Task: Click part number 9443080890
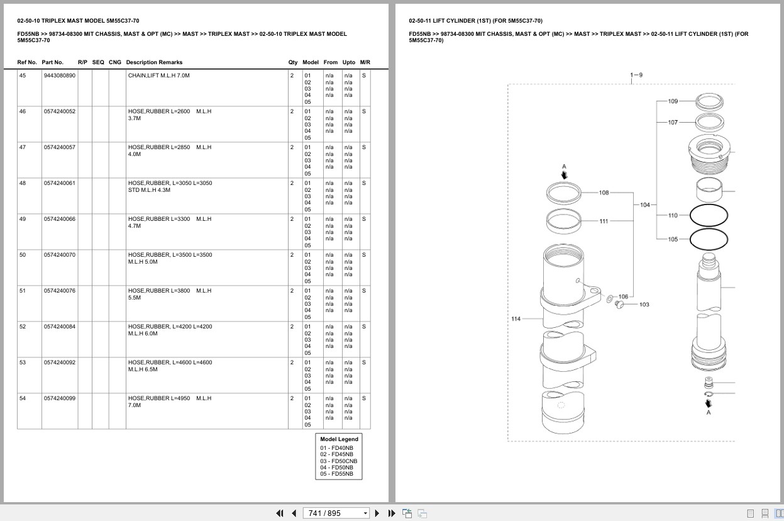pyautogui.click(x=60, y=76)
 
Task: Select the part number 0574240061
pyautogui.click(x=60, y=183)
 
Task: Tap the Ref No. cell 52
pyautogui.click(x=23, y=327)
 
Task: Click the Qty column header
pyautogui.click(x=292, y=62)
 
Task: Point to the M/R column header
pyautogui.click(x=365, y=62)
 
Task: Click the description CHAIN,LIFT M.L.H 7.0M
pyautogui.click(x=159, y=76)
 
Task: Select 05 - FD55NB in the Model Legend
pyautogui.click(x=337, y=474)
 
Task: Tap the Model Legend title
pyautogui.click(x=339, y=439)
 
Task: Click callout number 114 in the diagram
pyautogui.click(x=516, y=319)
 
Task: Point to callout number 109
pyautogui.click(x=673, y=101)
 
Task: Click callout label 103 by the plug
pyautogui.click(x=644, y=305)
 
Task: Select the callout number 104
pyautogui.click(x=644, y=205)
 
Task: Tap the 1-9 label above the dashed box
pyautogui.click(x=636, y=75)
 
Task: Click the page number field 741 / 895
pyautogui.click(x=336, y=513)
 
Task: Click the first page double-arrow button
pyautogui.click(x=280, y=513)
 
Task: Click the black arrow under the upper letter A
pyautogui.click(x=564, y=175)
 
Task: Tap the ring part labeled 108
pyautogui.click(x=547, y=193)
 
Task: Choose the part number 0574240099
pyautogui.click(x=60, y=398)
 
